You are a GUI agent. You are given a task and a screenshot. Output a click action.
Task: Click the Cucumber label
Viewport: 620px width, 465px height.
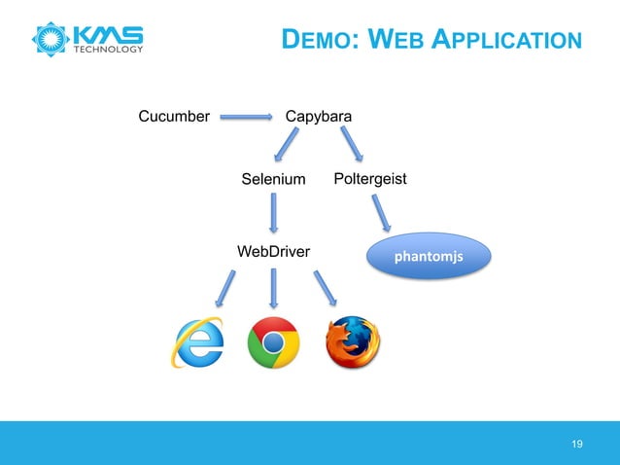point(175,118)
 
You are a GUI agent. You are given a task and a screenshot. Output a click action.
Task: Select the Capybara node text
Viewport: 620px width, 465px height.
point(319,118)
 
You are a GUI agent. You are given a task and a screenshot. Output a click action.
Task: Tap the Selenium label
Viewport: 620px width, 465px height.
point(273,180)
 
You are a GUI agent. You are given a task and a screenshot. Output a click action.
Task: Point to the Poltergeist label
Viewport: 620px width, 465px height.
point(369,179)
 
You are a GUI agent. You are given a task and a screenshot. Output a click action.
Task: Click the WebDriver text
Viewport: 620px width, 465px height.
point(274,252)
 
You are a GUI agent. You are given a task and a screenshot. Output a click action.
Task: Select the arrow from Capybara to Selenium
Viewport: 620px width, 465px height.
point(285,148)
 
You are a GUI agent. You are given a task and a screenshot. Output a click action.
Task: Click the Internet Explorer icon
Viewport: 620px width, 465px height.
point(197,343)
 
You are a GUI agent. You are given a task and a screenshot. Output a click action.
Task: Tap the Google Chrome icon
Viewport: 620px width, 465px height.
point(273,343)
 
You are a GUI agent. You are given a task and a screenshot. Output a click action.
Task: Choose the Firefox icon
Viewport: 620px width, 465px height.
point(352,343)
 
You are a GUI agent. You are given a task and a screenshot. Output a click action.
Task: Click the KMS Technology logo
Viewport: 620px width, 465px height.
point(88,39)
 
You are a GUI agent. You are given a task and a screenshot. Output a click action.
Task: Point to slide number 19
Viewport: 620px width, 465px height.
point(578,445)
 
